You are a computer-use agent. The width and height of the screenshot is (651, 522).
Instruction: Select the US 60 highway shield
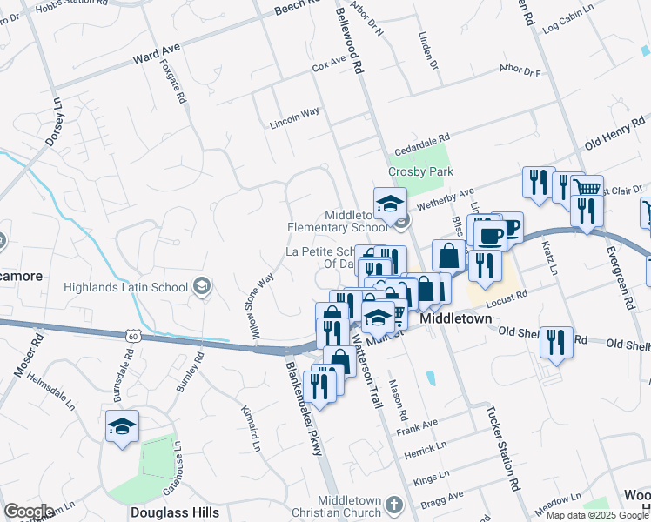pyautogui.click(x=132, y=333)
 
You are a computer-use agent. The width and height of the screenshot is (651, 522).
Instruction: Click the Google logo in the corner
pyautogui.click(x=30, y=512)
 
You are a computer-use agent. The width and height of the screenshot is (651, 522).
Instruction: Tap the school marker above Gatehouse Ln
pyautogui.click(x=122, y=426)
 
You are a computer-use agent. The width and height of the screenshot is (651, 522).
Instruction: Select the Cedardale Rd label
pyautogui.click(x=421, y=138)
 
